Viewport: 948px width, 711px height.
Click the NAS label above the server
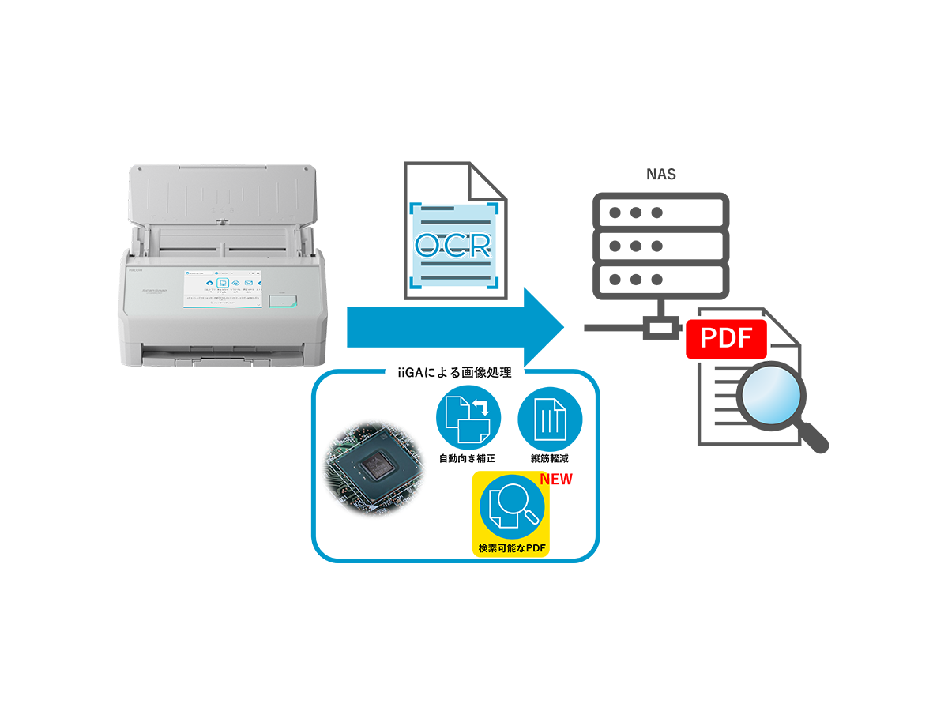(660, 175)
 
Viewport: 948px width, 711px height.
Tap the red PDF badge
(727, 339)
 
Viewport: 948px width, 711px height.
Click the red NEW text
(555, 480)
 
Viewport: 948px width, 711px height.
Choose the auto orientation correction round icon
(469, 419)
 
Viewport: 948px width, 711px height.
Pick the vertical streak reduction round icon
(550, 419)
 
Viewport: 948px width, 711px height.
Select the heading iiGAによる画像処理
(454, 373)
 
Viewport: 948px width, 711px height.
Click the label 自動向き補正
(467, 458)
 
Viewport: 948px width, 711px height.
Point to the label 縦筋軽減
(550, 458)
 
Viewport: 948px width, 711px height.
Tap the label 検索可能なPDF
(510, 548)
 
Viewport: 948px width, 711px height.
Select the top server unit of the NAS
(660, 213)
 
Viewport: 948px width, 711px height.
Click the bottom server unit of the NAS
(660, 280)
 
